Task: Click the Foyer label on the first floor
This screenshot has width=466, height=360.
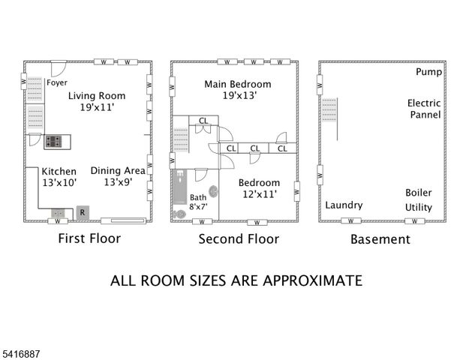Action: [x=57, y=83]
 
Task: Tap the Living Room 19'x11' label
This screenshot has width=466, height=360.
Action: [x=97, y=101]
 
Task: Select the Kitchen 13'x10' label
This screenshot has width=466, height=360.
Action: [x=59, y=177]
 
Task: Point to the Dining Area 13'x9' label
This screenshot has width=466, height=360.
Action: [x=118, y=176]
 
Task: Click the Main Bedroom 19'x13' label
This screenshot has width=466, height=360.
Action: [x=238, y=90]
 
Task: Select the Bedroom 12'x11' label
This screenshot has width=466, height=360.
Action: [x=259, y=188]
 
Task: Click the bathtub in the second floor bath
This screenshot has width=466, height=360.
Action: [x=180, y=189]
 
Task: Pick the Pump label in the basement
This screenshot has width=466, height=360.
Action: [x=428, y=73]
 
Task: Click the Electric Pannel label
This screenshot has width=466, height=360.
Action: [x=424, y=109]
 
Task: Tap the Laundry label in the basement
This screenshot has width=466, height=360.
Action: [x=344, y=205]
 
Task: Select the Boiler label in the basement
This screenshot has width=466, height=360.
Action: [x=419, y=192]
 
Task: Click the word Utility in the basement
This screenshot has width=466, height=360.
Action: [x=419, y=207]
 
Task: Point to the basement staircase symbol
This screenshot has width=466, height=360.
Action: [x=329, y=112]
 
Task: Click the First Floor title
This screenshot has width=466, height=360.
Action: [x=89, y=238]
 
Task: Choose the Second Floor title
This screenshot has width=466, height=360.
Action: [x=238, y=239]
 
